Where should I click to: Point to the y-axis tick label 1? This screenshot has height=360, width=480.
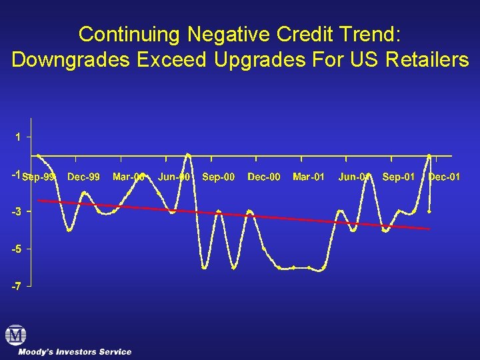click(x=19, y=137)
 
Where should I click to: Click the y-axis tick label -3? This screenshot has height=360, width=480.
click(x=17, y=211)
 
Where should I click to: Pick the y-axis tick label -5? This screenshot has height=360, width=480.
click(x=17, y=249)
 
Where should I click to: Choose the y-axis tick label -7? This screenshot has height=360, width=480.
click(x=17, y=286)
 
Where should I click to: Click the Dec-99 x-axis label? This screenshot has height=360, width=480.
click(x=84, y=177)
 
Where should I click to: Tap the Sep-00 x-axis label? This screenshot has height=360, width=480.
click(x=218, y=177)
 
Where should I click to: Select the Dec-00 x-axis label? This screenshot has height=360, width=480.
click(x=263, y=177)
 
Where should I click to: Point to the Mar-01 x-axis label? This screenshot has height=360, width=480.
click(x=309, y=177)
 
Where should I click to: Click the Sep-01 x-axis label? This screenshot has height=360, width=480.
click(x=399, y=177)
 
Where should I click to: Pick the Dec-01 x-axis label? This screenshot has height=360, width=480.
click(x=444, y=177)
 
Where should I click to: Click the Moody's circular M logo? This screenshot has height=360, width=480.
click(x=15, y=335)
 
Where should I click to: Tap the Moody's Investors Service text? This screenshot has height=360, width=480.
click(x=75, y=351)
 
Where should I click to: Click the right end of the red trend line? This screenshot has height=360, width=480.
click(x=429, y=229)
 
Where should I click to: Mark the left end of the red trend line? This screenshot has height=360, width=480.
click(x=39, y=200)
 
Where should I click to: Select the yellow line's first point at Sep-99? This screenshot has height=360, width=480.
click(x=39, y=155)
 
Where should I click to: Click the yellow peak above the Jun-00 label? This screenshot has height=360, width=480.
click(x=188, y=155)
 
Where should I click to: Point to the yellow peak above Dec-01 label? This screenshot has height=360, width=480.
click(x=429, y=155)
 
